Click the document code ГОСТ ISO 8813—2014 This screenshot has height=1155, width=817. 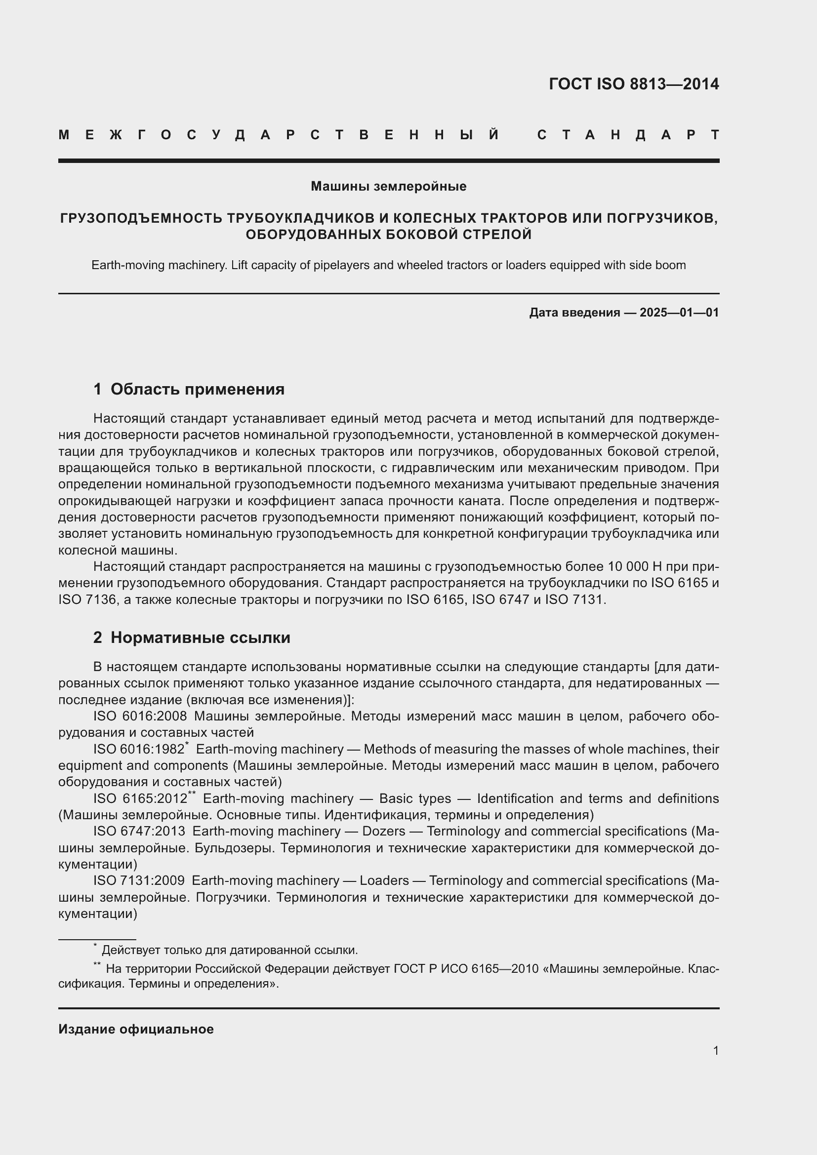[633, 84]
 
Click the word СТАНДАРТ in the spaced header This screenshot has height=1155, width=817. [628, 135]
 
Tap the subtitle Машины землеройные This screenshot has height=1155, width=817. [388, 186]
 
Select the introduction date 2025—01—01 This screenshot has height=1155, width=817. [679, 313]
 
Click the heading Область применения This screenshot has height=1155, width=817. [197, 389]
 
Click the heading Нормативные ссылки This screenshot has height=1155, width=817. [200, 637]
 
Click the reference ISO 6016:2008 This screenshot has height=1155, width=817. [140, 716]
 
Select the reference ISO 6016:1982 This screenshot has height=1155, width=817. [138, 749]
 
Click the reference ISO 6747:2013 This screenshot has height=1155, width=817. [139, 831]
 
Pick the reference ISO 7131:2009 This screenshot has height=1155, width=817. [138, 880]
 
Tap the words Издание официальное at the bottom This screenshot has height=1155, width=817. [136, 1029]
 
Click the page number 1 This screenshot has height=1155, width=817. [715, 1050]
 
